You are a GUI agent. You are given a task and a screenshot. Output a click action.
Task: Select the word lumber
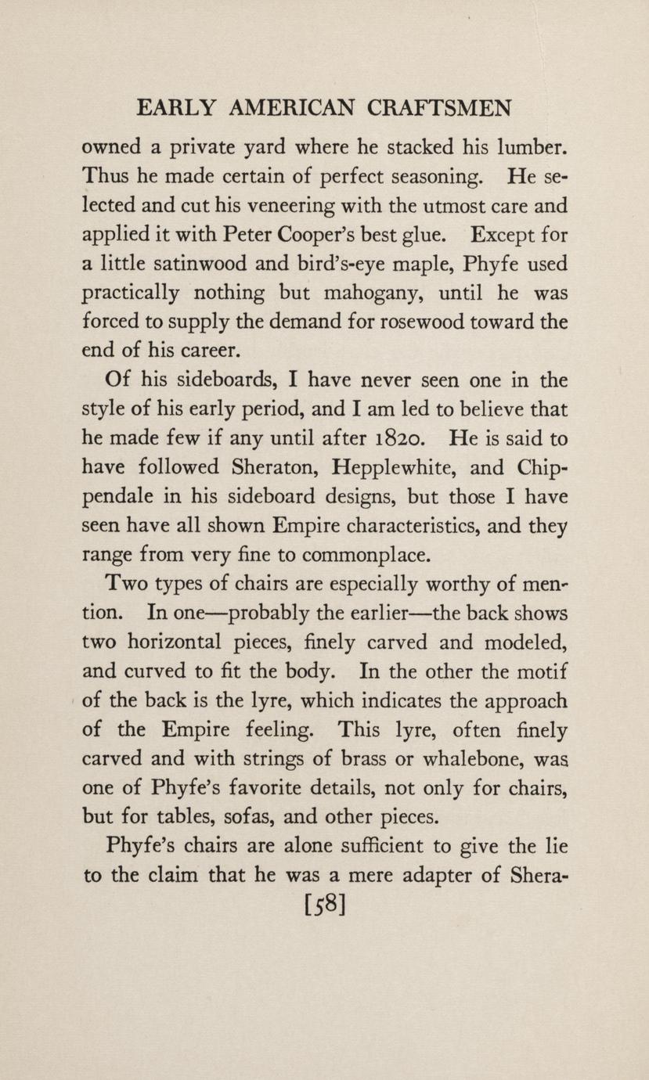528,146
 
